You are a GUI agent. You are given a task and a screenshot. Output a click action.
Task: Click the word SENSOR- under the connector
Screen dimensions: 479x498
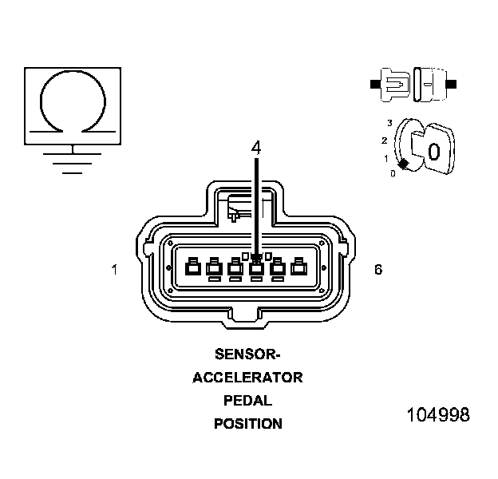[x=247, y=353]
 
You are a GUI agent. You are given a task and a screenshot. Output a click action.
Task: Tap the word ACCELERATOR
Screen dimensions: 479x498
[x=247, y=377]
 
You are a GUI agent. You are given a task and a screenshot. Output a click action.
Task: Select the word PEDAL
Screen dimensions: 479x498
[x=247, y=400]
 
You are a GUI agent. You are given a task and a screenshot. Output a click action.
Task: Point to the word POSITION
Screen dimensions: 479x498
[x=247, y=424]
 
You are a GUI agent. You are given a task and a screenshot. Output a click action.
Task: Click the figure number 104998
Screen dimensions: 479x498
[x=437, y=415]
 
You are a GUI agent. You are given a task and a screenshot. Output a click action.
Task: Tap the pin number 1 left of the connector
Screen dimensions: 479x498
[x=115, y=270]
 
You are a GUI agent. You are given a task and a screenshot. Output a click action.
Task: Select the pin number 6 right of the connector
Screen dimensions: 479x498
[x=377, y=270]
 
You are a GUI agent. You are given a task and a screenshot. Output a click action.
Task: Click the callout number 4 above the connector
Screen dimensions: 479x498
[x=256, y=148]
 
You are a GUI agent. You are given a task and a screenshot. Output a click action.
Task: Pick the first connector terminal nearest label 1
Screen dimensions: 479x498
[x=192, y=268]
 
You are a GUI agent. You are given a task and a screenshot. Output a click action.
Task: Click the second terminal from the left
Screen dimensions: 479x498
[x=213, y=268]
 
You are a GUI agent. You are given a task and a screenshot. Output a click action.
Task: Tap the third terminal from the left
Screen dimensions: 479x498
[x=235, y=268]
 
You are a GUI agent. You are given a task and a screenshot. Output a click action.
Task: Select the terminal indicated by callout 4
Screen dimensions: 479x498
[x=256, y=268]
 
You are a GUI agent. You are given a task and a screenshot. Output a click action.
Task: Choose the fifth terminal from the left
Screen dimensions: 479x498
[x=277, y=268]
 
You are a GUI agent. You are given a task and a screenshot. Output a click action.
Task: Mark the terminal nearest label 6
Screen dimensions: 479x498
[x=298, y=268]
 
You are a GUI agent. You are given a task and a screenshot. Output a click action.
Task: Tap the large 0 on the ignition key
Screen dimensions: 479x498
[x=433, y=151]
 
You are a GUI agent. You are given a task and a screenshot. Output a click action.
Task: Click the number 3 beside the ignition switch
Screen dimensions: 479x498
[x=389, y=122]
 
